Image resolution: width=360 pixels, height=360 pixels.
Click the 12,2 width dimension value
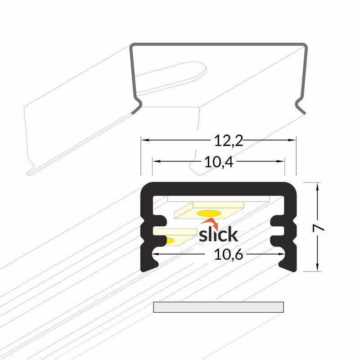[x=229, y=141]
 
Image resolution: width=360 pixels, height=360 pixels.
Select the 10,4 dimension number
[x=219, y=162]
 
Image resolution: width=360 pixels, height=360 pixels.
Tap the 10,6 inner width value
[x=229, y=254]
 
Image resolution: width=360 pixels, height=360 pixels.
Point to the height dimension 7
[x=318, y=228]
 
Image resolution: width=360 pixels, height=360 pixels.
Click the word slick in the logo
[x=218, y=234]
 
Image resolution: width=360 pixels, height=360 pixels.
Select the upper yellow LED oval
[x=209, y=213]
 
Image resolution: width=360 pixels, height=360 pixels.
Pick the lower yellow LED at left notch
[x=170, y=241]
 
